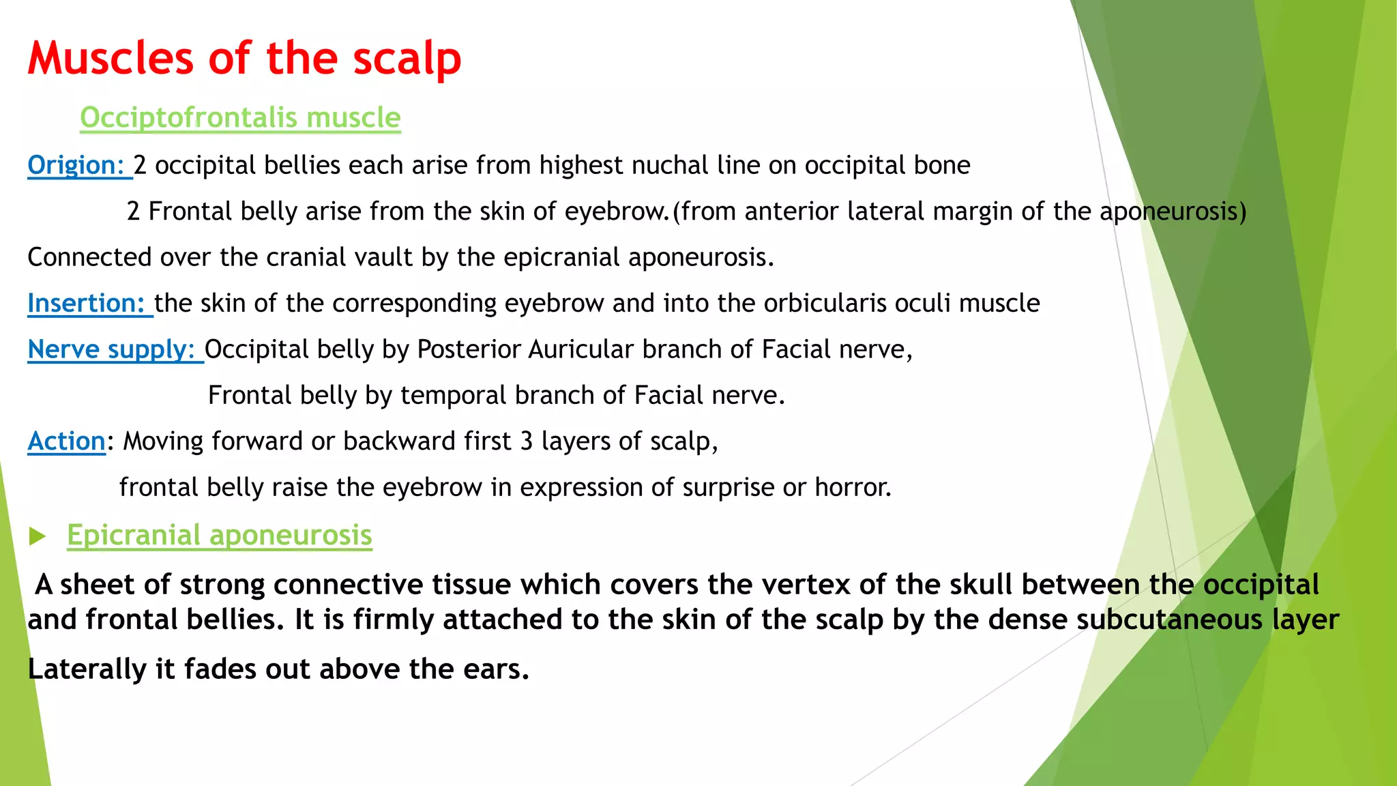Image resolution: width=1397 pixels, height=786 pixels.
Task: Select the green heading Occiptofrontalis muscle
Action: tap(240, 118)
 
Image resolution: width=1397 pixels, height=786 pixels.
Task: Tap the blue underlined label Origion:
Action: tap(76, 166)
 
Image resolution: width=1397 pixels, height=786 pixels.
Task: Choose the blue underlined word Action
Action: tap(66, 441)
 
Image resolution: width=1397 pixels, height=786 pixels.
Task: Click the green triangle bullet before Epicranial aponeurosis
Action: tap(37, 536)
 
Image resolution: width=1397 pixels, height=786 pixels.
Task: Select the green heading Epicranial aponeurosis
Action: tap(219, 536)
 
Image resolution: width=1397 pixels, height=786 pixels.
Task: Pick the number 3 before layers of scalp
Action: tap(526, 441)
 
